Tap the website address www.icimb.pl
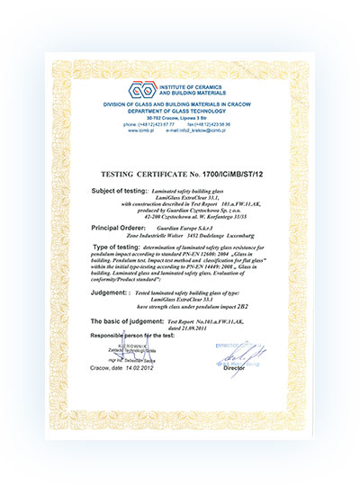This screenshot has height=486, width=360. click(x=123, y=130)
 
